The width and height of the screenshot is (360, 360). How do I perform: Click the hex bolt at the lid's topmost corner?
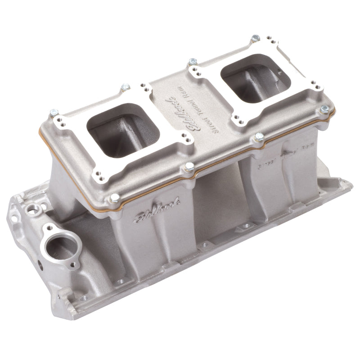(x=255, y=36)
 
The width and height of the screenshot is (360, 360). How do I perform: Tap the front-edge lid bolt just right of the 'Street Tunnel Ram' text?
(x=259, y=136)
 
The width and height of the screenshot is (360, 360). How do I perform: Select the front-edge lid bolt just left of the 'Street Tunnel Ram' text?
(x=189, y=166)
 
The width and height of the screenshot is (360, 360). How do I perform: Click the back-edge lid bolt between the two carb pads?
(x=193, y=61)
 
